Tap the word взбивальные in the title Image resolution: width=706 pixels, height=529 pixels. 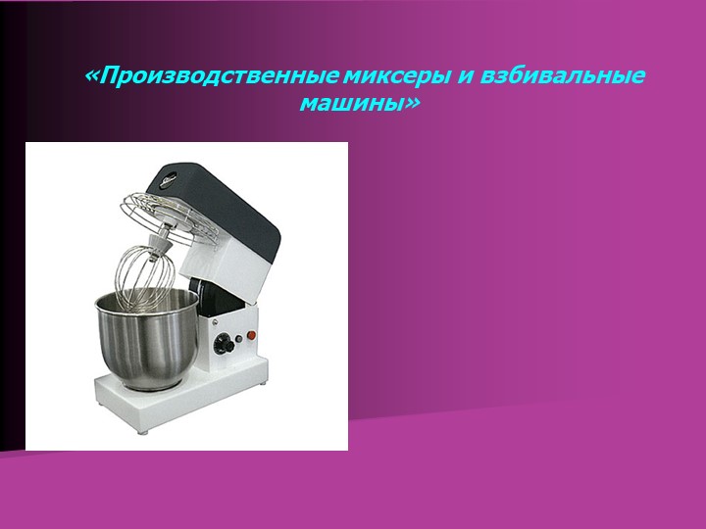[563, 75]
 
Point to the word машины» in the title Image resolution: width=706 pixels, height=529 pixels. [359, 101]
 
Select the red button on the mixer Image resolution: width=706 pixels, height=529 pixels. [250, 336]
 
